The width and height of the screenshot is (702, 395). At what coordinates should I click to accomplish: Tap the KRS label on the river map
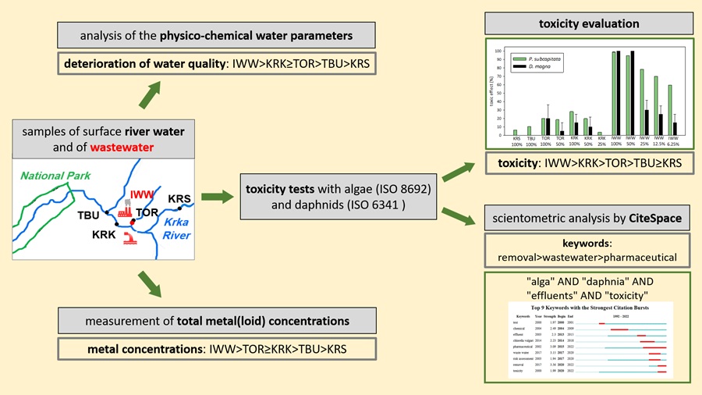tap(179, 199)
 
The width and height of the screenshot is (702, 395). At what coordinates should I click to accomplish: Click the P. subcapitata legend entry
tap(547, 59)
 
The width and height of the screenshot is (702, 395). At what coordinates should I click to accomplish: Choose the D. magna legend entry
tap(541, 68)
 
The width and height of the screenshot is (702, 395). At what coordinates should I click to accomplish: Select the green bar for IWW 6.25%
tap(670, 110)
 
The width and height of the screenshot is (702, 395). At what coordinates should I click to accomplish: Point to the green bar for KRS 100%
tap(516, 133)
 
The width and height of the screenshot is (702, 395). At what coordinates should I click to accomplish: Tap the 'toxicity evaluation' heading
tap(588, 24)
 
